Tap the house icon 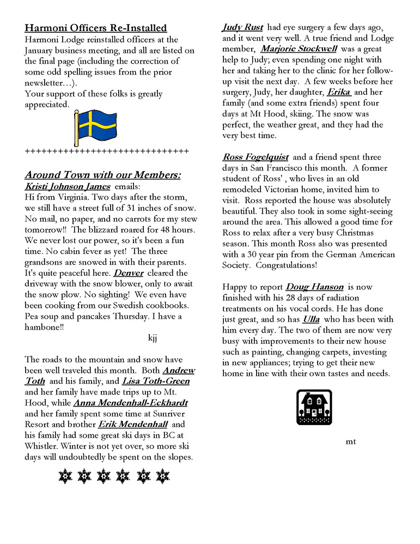point(314,407)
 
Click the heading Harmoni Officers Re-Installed point(96,28)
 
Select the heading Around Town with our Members point(103,174)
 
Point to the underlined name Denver point(128,273)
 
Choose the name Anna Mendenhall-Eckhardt point(130,403)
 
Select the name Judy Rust point(242,27)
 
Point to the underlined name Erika point(338,92)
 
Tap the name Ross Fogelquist point(255,157)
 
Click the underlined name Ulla point(311,319)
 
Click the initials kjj point(153,337)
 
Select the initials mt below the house point(351,441)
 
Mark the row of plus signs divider point(107,151)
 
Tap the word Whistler point(43,446)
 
